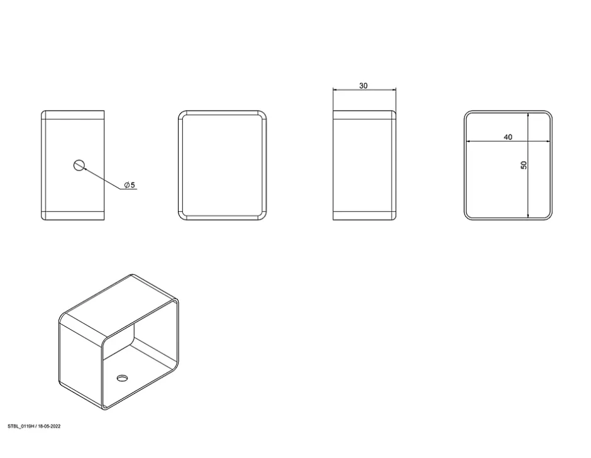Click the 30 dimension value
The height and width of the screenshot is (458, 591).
(x=363, y=86)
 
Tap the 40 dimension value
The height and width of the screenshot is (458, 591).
(x=508, y=137)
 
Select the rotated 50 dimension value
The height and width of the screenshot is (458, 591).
(x=524, y=165)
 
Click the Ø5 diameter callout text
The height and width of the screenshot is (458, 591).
(x=130, y=185)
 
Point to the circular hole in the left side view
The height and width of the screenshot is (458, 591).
(x=79, y=165)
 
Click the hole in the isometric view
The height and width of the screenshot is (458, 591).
(x=122, y=377)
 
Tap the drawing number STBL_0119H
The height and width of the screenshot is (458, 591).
(x=21, y=427)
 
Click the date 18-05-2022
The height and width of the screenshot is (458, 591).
(x=49, y=427)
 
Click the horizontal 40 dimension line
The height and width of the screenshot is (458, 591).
(x=508, y=142)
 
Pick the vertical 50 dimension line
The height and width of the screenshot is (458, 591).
(x=528, y=165)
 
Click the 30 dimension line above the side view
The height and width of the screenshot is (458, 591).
(x=365, y=90)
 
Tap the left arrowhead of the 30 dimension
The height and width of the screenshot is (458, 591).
(x=335, y=90)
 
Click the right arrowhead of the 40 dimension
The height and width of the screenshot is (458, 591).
(x=547, y=142)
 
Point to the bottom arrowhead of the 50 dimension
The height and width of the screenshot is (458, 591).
(x=528, y=215)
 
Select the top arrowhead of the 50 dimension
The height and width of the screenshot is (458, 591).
(x=528, y=114)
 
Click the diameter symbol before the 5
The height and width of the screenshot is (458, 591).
(x=127, y=185)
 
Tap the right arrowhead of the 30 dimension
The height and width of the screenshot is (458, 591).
(x=394, y=90)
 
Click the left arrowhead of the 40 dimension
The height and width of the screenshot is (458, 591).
(x=468, y=142)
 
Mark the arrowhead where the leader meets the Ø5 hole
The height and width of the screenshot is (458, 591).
(x=86, y=169)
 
